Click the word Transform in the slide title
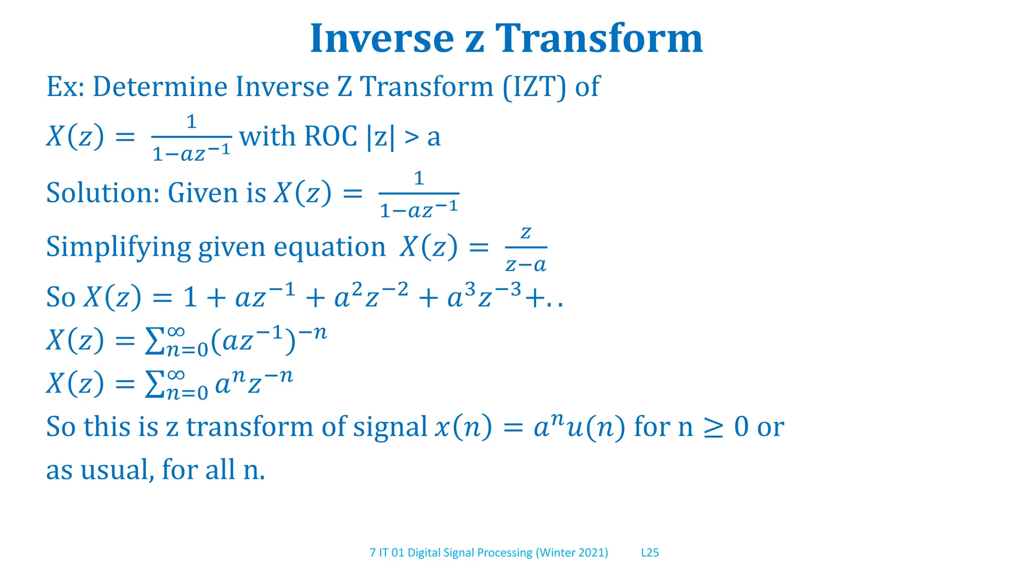point(599,39)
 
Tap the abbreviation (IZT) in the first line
point(535,86)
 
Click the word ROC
point(331,136)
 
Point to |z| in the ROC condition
point(380,137)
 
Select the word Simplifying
point(119,247)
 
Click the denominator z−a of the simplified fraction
point(526,264)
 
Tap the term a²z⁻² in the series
point(371,297)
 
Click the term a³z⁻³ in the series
point(484,297)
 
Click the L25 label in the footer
point(650,553)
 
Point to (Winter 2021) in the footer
point(572,553)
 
